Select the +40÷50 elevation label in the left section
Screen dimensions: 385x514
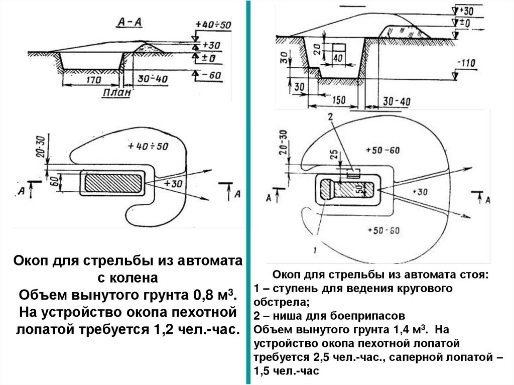click(214, 25)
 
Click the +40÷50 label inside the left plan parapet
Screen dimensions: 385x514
click(148, 147)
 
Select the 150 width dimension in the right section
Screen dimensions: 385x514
click(339, 100)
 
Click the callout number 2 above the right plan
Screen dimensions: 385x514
click(329, 117)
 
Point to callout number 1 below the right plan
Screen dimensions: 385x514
click(314, 249)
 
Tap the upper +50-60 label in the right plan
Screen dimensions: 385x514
click(383, 150)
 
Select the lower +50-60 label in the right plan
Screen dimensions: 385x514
click(383, 230)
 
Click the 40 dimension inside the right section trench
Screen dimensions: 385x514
click(337, 58)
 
